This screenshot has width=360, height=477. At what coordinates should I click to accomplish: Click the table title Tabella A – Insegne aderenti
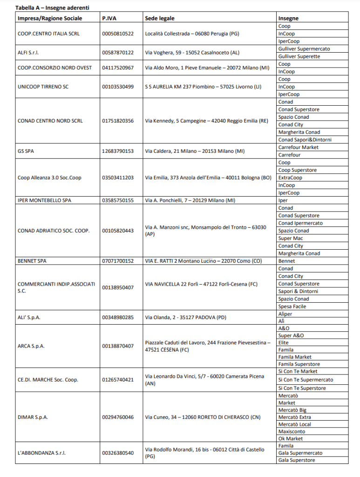click(52, 8)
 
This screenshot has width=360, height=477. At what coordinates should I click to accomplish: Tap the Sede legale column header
click(160, 19)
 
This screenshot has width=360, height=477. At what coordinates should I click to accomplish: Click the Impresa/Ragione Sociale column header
click(50, 19)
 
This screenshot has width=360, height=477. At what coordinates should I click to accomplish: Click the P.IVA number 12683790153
click(118, 151)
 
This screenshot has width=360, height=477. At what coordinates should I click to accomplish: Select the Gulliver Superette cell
click(299, 56)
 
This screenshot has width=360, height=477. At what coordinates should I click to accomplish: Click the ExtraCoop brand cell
click(290, 177)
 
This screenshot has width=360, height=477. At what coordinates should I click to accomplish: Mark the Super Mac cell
click(291, 238)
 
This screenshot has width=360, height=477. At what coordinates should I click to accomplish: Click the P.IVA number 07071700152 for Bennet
click(118, 261)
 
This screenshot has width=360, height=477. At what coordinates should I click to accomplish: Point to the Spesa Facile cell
click(292, 307)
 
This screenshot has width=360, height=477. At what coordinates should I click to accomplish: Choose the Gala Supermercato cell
click(300, 453)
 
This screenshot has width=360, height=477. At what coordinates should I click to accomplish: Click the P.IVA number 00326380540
click(118, 453)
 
